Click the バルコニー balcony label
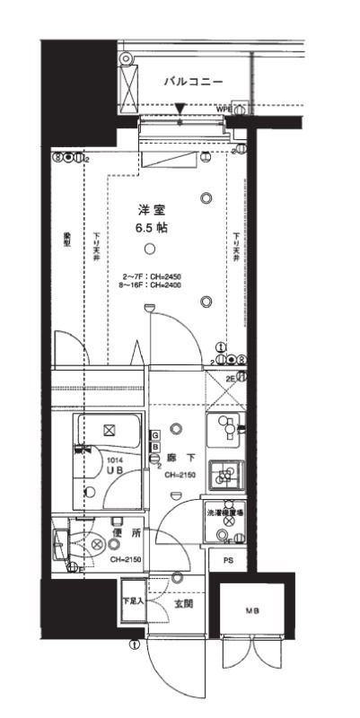click(x=192, y=82)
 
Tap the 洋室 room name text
click(x=150, y=209)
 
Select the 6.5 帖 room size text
click(x=150, y=228)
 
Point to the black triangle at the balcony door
click(x=180, y=110)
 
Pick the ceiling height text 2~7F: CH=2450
click(x=152, y=276)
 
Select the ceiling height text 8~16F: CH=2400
click(x=152, y=285)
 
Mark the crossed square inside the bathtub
click(x=110, y=430)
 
